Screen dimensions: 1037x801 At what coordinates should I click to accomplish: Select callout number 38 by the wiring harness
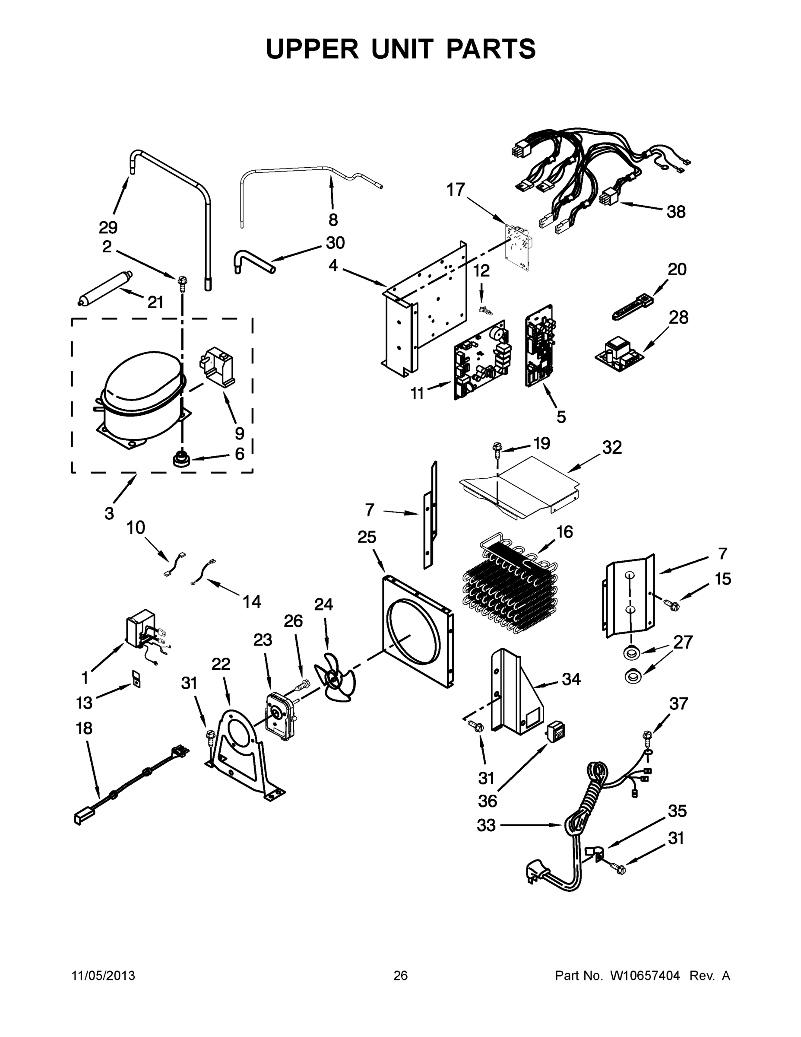(x=676, y=212)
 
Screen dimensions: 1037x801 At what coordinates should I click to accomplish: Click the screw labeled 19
(x=497, y=449)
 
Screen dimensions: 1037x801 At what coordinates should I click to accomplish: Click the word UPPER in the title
(x=312, y=49)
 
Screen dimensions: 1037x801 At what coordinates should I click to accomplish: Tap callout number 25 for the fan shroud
(x=367, y=537)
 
